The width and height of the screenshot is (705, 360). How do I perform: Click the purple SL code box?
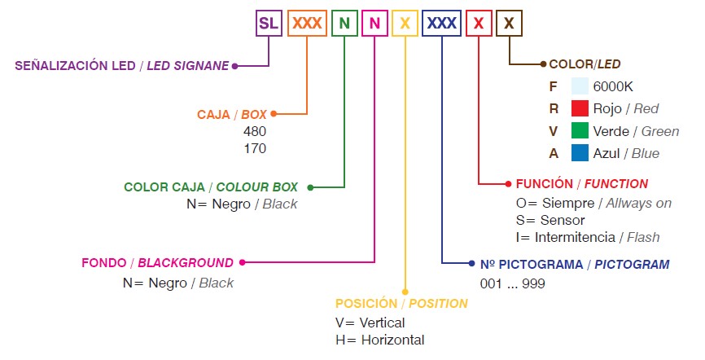point(269,23)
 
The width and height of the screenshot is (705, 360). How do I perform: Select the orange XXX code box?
point(307,23)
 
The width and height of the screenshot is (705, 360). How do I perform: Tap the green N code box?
point(344,23)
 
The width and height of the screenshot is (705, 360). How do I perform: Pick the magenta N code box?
point(374,23)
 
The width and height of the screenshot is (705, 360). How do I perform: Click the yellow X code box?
point(404,23)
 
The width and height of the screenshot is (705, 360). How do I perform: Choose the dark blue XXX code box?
point(441,23)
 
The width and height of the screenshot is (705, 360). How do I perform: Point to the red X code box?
point(479,23)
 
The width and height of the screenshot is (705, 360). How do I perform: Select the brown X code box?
point(509,23)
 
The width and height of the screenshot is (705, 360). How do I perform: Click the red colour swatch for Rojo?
point(580,108)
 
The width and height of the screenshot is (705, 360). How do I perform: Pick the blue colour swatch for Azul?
point(580,153)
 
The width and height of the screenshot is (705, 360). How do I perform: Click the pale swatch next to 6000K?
point(580,86)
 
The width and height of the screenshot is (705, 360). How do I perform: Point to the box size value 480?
point(255,131)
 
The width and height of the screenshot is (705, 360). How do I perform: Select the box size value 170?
point(255,148)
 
